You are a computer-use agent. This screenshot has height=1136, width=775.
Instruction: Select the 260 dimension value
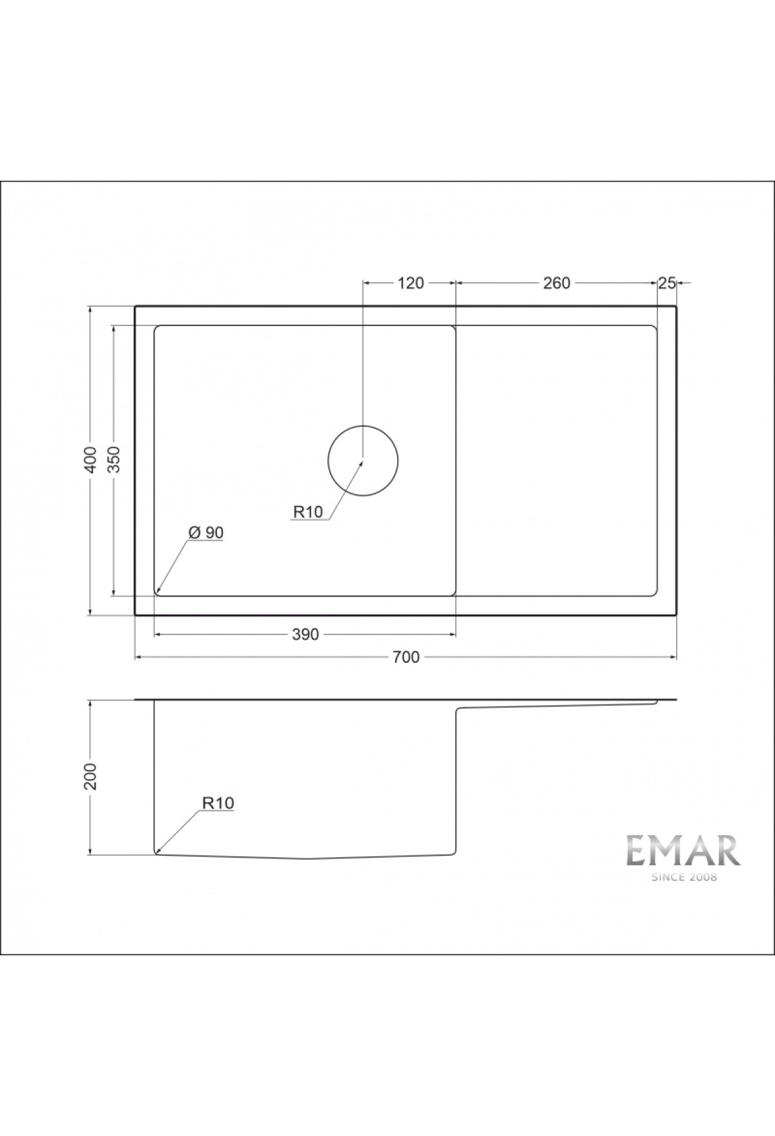[x=556, y=283]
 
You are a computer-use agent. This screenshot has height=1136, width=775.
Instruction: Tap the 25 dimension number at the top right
[x=666, y=283]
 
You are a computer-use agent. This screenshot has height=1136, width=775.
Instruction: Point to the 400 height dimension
[x=91, y=460]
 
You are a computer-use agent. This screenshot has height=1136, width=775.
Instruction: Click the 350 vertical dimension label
[x=114, y=460]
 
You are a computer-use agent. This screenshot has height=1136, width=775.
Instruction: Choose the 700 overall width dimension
[x=406, y=657]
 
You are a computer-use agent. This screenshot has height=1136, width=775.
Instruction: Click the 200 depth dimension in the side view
[x=91, y=777]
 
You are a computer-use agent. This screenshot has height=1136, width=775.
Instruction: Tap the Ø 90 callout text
[x=206, y=532]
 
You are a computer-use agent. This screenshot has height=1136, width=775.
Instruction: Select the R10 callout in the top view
[x=307, y=512]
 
